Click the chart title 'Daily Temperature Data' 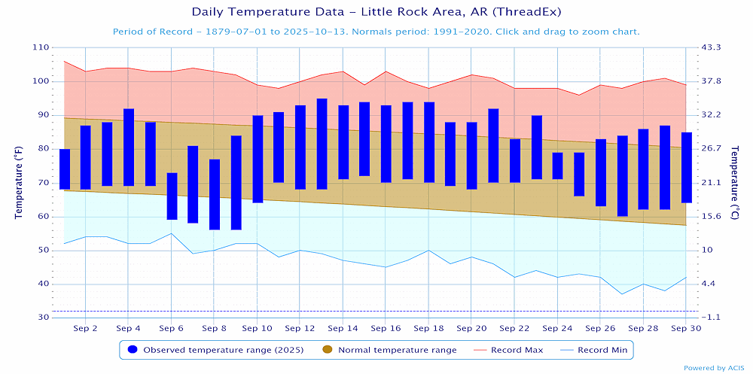376,12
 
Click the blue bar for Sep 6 172,196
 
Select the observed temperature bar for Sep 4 129,147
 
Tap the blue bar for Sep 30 687,168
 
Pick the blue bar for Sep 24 558,166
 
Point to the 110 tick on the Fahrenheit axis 40,47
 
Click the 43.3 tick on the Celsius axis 712,47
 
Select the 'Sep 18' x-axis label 428,329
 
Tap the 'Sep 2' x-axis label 85,329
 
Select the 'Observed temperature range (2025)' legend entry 219,350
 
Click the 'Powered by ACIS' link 715,368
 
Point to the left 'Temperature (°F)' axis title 19,183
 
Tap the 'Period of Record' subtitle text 376,32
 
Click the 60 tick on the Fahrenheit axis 42,217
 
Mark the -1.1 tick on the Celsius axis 712,318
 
